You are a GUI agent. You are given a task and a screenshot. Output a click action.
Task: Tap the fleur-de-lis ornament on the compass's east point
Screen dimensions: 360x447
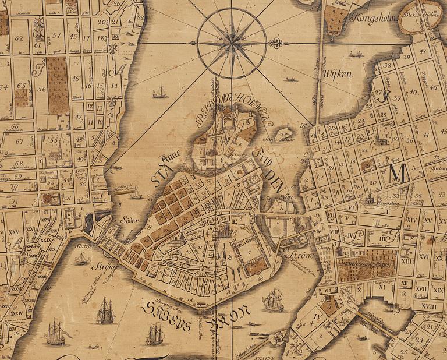click(x=275, y=43)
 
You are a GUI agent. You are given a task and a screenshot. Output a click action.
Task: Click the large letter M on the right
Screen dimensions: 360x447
click(x=398, y=173)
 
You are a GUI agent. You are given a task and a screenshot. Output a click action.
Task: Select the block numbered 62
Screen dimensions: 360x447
click(x=19, y=39)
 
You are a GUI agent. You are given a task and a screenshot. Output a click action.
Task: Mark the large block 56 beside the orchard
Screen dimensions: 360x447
click(x=41, y=89)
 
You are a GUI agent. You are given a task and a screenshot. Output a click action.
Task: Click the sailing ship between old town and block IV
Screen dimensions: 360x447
click(x=272, y=301)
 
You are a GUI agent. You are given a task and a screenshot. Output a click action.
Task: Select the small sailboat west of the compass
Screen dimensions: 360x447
click(x=159, y=92)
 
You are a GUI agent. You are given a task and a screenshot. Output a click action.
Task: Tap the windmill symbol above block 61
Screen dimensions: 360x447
click(x=40, y=26)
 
